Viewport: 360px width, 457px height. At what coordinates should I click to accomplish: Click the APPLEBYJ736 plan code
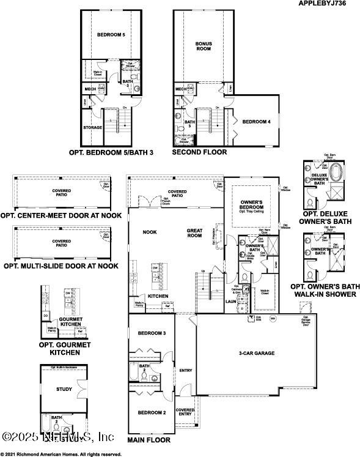point(326,4)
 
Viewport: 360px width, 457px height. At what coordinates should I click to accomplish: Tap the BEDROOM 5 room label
point(111,35)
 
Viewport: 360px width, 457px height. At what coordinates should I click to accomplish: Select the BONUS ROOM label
point(204,47)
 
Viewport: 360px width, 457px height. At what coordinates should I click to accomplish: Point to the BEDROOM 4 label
point(256,122)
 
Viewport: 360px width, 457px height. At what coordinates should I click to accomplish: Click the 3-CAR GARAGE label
point(255,353)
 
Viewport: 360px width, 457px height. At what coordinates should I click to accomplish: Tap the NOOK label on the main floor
point(150,232)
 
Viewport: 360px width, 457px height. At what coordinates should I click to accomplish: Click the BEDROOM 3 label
point(151,333)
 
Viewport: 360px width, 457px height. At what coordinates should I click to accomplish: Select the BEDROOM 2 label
point(151,413)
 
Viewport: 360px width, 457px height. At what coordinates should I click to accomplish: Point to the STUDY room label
point(64,389)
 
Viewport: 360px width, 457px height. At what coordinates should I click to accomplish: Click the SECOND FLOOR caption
point(199,152)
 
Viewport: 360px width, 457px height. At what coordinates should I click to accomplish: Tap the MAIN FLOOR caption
point(149,440)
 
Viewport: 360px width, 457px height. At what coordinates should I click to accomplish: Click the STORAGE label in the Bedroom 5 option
point(92,128)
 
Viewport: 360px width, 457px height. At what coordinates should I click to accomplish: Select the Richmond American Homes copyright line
point(61,454)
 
